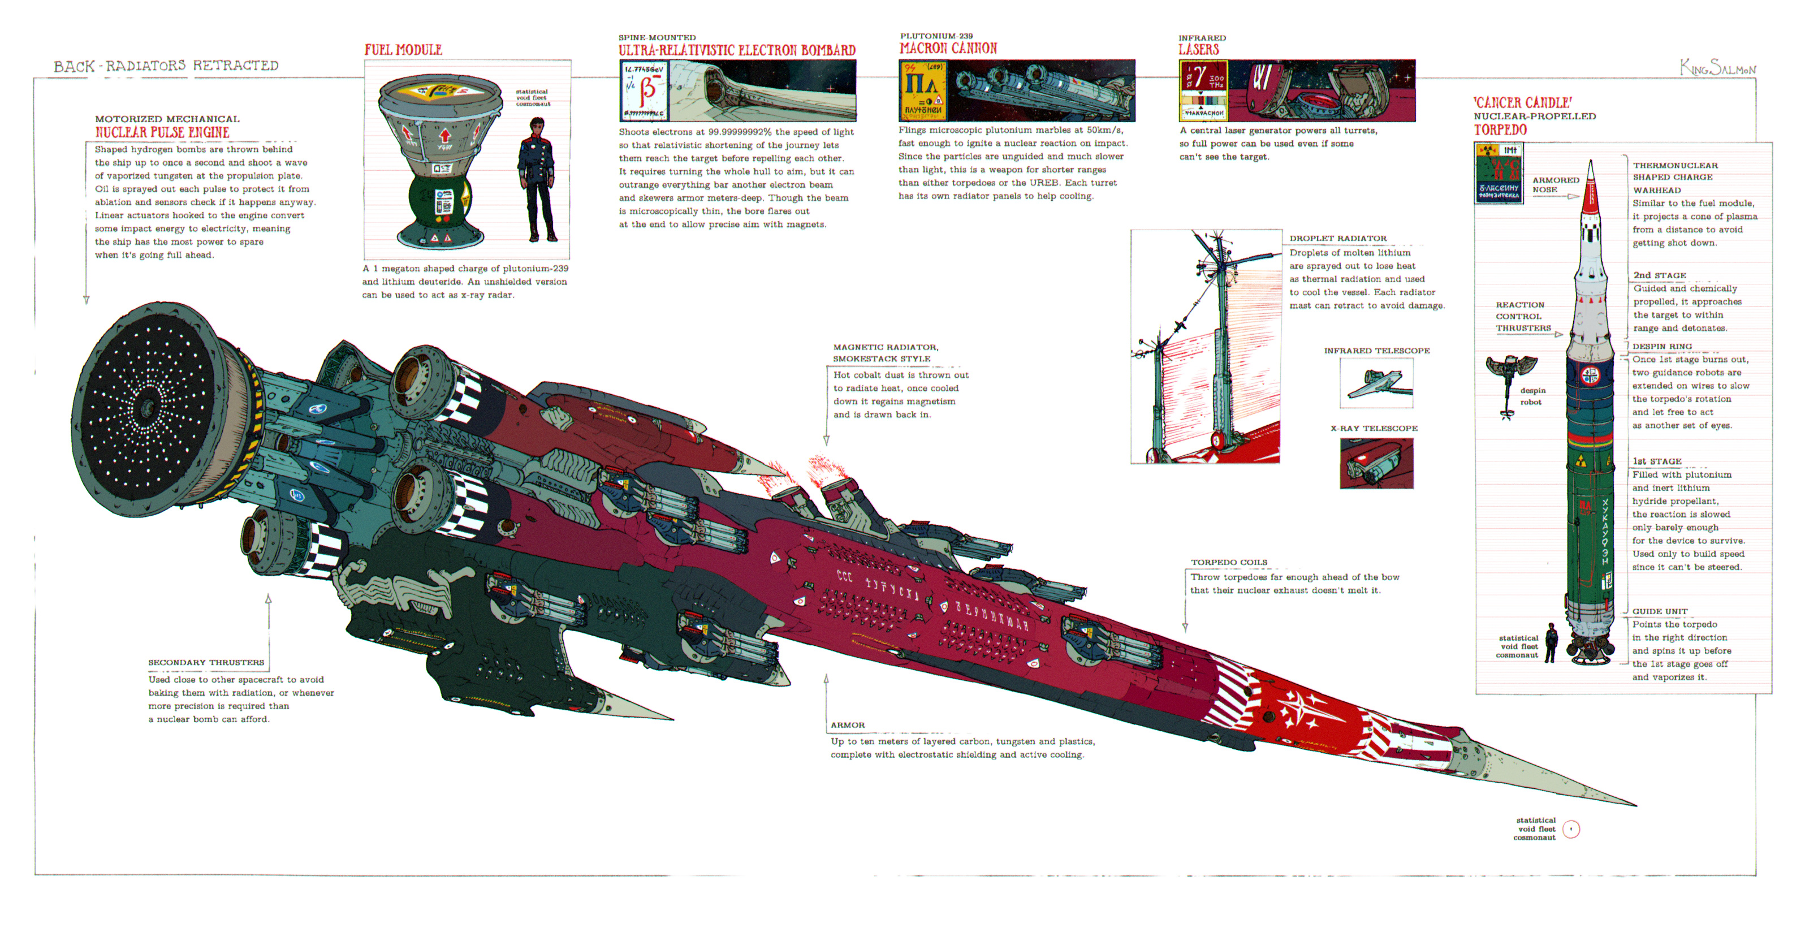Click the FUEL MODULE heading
point(403,50)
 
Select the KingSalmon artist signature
point(1717,68)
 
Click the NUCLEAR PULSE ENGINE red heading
point(162,132)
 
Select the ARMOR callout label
point(848,725)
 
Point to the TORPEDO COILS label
point(1229,562)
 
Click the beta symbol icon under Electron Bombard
point(644,90)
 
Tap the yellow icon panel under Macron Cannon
point(922,90)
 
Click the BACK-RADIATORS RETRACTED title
point(166,66)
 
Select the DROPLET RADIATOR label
point(1338,238)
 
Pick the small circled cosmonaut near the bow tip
point(1571,829)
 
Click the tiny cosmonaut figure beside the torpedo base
point(1551,642)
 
